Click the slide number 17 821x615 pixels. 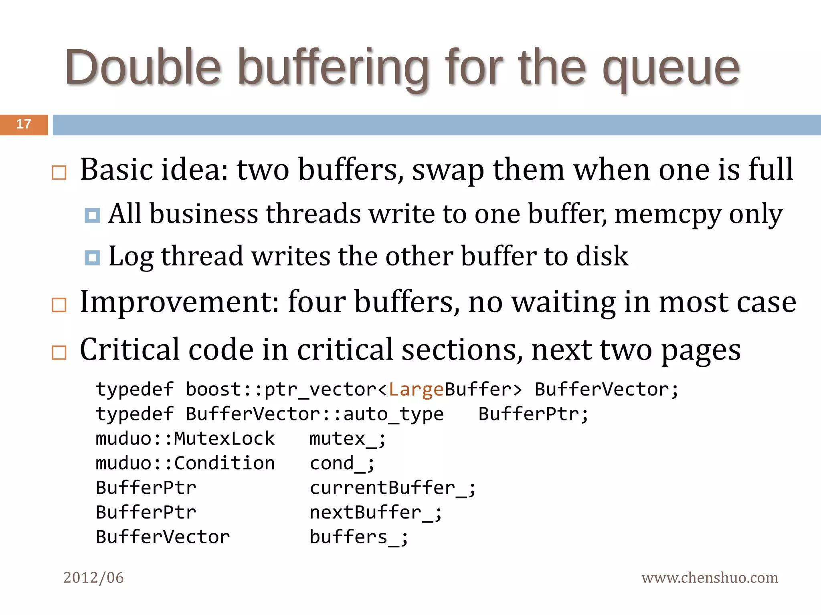[x=24, y=124]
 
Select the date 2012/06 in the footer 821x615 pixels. [x=93, y=577]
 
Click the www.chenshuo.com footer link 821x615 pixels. [x=710, y=577]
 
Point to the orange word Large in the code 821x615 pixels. [x=416, y=389]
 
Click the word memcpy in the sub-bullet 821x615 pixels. [x=667, y=214]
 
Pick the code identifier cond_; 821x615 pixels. [x=342, y=463]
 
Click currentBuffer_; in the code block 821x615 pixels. [x=392, y=488]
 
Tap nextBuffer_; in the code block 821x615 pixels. [x=376, y=512]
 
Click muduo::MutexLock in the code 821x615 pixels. [x=185, y=439]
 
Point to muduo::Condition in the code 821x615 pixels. [x=185, y=463]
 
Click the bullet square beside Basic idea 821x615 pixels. [x=59, y=173]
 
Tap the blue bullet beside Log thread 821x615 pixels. [x=92, y=257]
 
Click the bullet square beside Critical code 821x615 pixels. [x=59, y=352]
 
